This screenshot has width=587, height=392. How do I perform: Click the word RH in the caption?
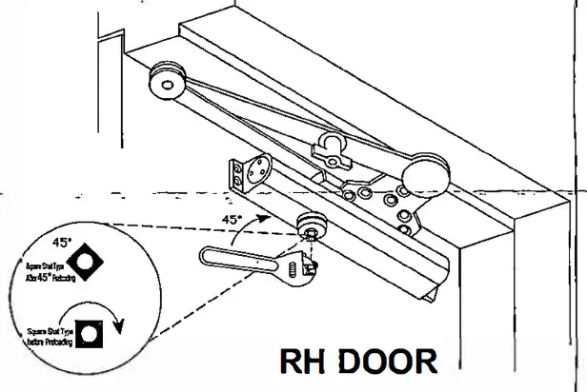[x=304, y=363]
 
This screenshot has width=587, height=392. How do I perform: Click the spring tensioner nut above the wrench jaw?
[x=312, y=226]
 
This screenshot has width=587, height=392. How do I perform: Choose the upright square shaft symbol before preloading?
[x=91, y=334]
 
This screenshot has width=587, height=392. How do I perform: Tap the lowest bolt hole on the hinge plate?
[x=404, y=229]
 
